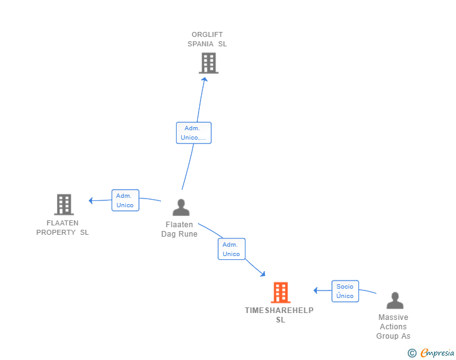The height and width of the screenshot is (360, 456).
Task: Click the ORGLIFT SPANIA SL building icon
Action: click(209, 63)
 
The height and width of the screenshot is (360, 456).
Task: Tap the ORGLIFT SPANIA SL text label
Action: click(207, 39)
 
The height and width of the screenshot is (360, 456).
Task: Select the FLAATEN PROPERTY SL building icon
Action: click(64, 205)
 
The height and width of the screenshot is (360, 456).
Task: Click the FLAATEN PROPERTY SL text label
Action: click(63, 227)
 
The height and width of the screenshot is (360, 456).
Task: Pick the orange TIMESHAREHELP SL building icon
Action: click(281, 292)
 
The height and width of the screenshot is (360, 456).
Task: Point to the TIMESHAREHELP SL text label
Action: click(279, 315)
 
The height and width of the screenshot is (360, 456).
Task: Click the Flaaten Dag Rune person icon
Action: click(181, 207)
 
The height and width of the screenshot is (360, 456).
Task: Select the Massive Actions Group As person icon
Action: click(395, 301)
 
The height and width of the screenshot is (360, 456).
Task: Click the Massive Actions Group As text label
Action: click(393, 327)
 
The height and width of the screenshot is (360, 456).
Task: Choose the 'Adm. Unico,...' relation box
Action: click(194, 133)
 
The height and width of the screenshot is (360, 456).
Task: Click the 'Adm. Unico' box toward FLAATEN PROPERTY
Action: click(125, 200)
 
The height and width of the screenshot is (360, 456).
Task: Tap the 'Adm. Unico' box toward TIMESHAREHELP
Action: click(231, 249)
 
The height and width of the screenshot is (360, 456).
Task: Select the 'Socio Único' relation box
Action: click(345, 291)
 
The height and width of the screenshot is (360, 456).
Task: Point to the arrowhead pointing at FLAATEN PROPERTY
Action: click(91, 200)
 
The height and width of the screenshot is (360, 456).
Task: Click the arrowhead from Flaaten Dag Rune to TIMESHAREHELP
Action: click(262, 274)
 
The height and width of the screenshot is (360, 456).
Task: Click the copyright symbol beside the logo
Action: click(412, 353)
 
